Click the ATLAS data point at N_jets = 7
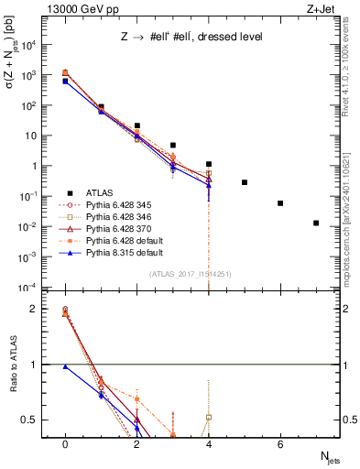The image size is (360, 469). (x=316, y=223)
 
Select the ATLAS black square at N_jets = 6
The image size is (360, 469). (x=280, y=203)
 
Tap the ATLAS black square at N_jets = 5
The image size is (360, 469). (x=245, y=182)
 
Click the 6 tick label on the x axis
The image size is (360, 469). (x=280, y=444)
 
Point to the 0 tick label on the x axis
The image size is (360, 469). (x=65, y=444)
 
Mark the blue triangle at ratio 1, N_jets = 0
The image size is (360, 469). (x=65, y=366)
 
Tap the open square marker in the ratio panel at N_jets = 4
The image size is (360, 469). (x=209, y=418)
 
